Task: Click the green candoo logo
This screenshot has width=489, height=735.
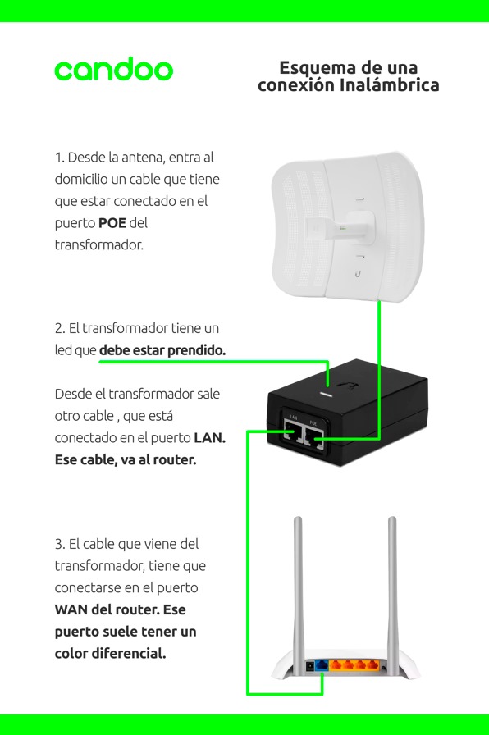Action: (114, 69)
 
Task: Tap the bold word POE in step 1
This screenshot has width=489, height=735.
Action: (112, 222)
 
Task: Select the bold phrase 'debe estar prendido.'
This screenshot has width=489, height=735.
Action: (162, 350)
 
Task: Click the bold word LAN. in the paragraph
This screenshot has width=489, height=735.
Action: (209, 438)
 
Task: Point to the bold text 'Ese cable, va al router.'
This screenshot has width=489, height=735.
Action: (126, 459)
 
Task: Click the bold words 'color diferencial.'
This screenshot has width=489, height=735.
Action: (110, 653)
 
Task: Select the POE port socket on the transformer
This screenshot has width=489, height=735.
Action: (314, 436)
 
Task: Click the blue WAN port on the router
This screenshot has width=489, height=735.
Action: (322, 664)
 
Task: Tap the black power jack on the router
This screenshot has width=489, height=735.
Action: (309, 665)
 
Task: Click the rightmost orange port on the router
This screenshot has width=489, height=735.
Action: (372, 665)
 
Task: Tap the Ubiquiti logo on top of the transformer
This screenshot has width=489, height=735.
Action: (346, 386)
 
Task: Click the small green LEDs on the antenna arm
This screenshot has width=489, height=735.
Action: (343, 228)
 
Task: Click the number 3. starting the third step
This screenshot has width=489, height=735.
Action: (60, 544)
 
